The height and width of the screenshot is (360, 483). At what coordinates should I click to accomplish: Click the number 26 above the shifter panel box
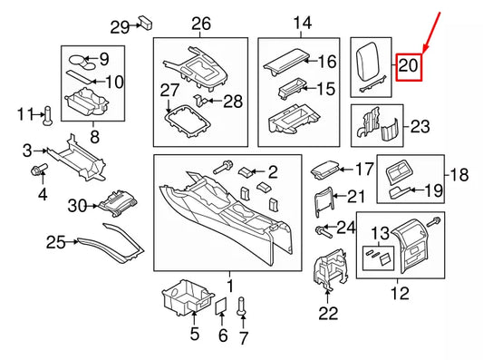pyautogui.click(x=200, y=23)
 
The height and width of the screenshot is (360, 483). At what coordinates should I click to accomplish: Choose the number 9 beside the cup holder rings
pyautogui.click(x=103, y=60)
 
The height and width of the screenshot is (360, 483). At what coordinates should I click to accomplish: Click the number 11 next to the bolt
pyautogui.click(x=24, y=113)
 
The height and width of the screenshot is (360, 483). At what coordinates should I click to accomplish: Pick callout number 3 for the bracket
pyautogui.click(x=28, y=150)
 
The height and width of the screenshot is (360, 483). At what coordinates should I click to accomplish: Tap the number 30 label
pyautogui.click(x=77, y=207)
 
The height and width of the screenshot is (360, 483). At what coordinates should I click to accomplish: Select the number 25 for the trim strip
pyautogui.click(x=57, y=241)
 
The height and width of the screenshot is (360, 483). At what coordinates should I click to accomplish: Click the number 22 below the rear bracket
pyautogui.click(x=327, y=313)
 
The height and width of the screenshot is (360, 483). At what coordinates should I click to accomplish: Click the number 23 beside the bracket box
pyautogui.click(x=420, y=127)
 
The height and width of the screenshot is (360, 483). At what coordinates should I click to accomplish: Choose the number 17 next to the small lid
pyautogui.click(x=363, y=169)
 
